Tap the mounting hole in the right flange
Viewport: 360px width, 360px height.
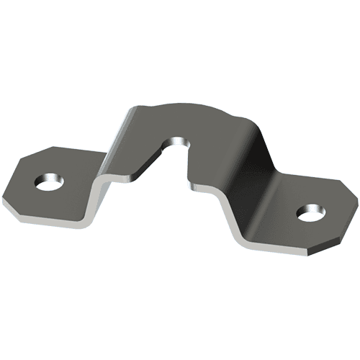(x=311, y=213)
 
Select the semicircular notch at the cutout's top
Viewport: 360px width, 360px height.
(x=176, y=140)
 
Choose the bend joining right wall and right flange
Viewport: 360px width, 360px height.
(x=238, y=216)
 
